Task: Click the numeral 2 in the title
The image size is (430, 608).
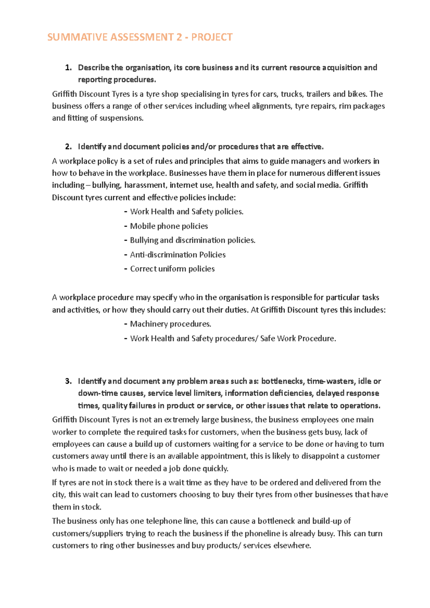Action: [179, 37]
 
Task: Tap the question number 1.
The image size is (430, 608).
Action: [68, 68]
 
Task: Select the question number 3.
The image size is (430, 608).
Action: [68, 381]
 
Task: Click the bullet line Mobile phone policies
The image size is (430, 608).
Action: [169, 226]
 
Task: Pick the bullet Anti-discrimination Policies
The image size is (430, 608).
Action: [178, 255]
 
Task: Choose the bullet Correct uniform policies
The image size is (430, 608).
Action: [172, 269]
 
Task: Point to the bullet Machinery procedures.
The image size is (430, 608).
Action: [171, 324]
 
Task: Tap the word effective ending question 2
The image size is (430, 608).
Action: [307, 147]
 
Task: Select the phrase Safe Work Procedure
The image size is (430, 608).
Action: [298, 338]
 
